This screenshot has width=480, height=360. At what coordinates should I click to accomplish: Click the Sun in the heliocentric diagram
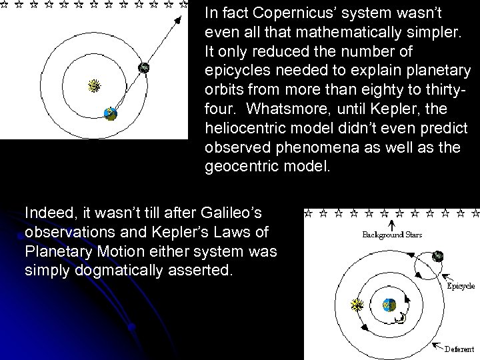pyautogui.click(x=95, y=86)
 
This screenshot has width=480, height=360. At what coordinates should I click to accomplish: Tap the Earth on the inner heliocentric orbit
pyautogui.click(x=111, y=114)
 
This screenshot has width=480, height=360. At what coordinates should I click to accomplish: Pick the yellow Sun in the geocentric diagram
pyautogui.click(x=357, y=305)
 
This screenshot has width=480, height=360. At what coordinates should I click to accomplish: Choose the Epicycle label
pyautogui.click(x=460, y=286)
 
